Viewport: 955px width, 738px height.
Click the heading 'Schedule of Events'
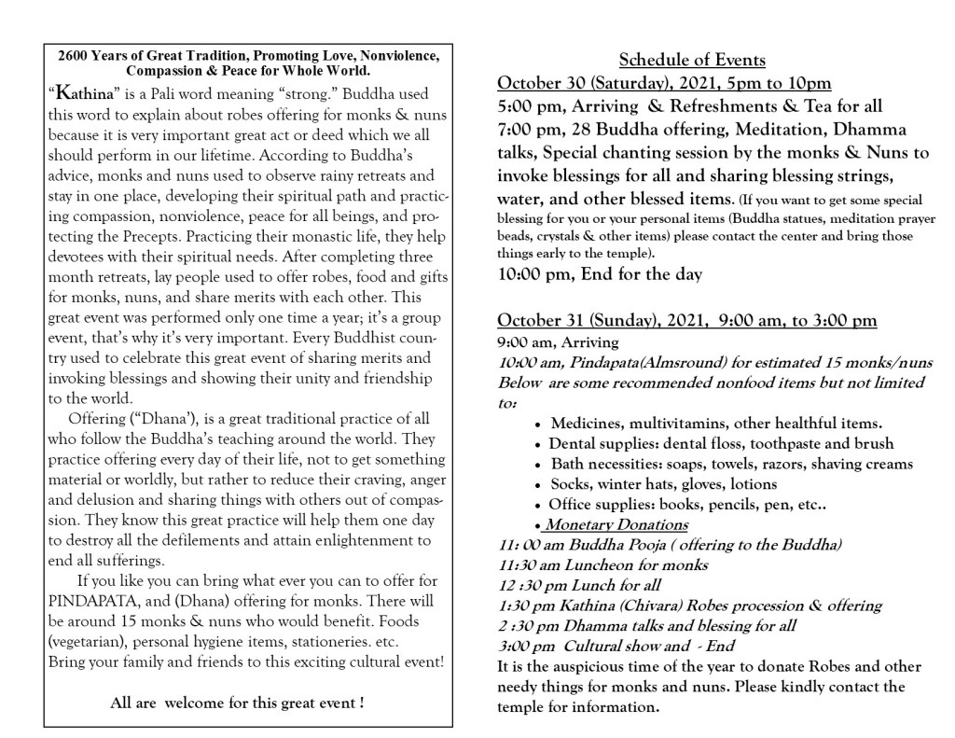[x=692, y=61]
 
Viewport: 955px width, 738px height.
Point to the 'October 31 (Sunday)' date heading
[x=580, y=321]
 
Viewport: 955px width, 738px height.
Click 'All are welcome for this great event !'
[x=237, y=702]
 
